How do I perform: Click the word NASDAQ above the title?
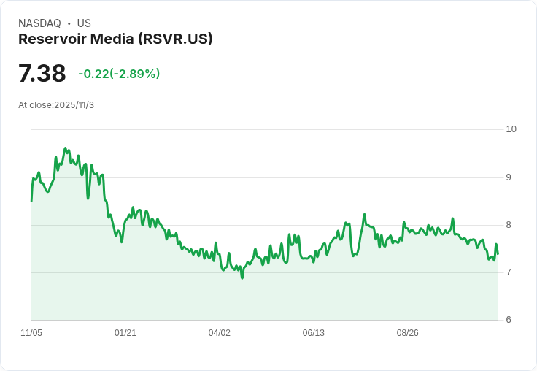[39, 23]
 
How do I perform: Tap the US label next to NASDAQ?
[84, 23]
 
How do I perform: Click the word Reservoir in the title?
[52, 39]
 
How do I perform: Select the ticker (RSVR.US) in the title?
[175, 39]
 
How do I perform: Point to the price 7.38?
[42, 73]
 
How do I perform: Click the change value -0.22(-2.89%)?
[119, 74]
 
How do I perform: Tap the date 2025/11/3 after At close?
[74, 105]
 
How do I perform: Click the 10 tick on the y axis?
[511, 129]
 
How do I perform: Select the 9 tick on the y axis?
[509, 177]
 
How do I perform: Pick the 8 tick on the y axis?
[509, 225]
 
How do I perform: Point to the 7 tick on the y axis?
[509, 272]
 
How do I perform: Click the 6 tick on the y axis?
[509, 320]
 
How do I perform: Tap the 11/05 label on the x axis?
[31, 333]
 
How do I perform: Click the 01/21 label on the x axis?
[125, 333]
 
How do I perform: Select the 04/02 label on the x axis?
[219, 333]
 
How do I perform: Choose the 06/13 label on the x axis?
[313, 333]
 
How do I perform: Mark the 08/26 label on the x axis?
[408, 333]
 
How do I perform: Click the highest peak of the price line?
[66, 148]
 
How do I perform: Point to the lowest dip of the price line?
[242, 278]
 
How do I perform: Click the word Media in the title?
[112, 39]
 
